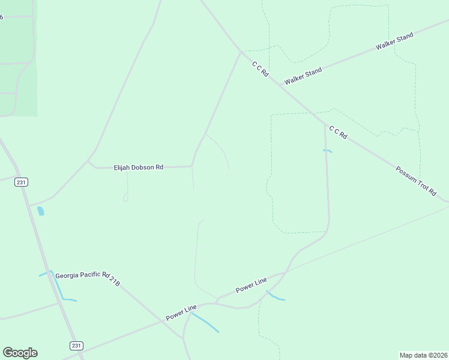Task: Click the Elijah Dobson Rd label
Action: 139,167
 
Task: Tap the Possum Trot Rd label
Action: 415,180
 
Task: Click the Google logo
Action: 20,353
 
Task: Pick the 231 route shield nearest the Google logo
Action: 76,346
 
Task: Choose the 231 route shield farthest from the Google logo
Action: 22,182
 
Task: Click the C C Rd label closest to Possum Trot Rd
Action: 338,132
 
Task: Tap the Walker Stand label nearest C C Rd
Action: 303,76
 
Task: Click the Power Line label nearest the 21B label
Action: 181,312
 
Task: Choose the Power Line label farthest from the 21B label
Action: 251,284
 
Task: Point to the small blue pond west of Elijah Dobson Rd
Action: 40,211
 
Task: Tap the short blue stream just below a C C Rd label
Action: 328,151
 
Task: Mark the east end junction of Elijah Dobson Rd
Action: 191,166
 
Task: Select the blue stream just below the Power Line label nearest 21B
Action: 205,322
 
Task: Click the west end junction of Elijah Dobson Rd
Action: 88,161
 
